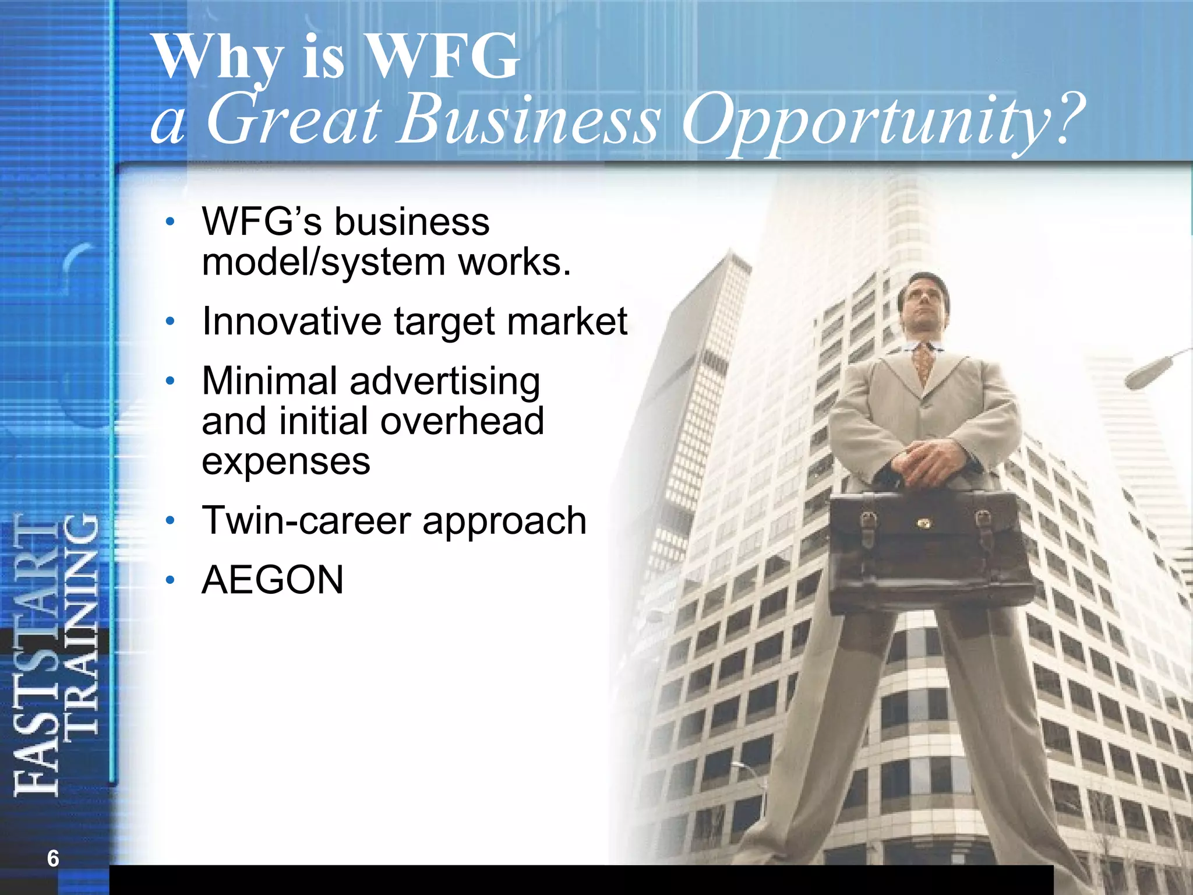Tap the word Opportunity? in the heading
(882, 121)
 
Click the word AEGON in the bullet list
(273, 580)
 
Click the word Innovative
(291, 321)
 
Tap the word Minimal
(270, 381)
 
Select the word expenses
(285, 461)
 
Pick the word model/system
(322, 262)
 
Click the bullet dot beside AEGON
(170, 580)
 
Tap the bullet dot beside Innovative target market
(170, 321)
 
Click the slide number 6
(53, 858)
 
